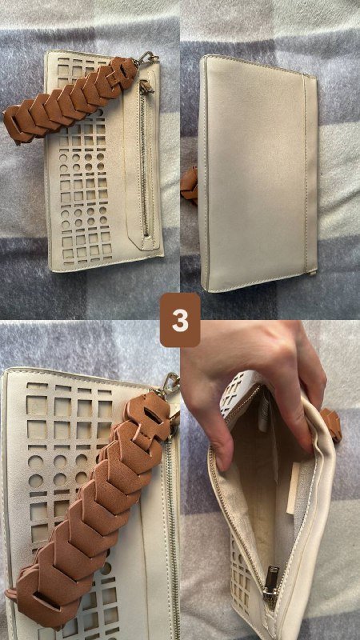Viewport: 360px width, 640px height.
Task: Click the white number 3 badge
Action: [x=180, y=321]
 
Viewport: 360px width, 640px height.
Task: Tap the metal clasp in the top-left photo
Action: [x=147, y=58]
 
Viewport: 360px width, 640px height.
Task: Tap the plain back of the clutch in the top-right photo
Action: [x=258, y=171]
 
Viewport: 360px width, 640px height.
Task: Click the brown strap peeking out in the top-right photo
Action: [x=190, y=185]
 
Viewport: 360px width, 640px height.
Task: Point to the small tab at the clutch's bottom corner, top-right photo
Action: [x=313, y=270]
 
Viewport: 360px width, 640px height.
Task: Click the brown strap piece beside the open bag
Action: [x=331, y=425]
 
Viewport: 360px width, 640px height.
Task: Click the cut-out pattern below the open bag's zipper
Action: [x=242, y=571]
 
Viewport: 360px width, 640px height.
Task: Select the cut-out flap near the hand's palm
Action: [x=236, y=392]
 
